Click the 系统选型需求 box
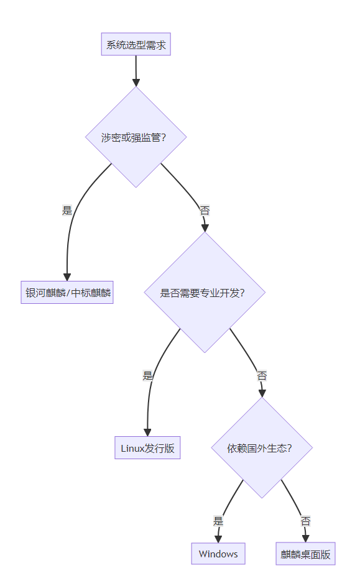pos(136,45)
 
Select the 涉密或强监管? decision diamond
pos(136,137)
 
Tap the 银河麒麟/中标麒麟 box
pos(67,293)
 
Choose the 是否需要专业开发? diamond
pos(205,293)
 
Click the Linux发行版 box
pos(147,448)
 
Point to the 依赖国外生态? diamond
pos(262,448)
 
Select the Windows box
pos(218,554)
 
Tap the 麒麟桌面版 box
pos(305,554)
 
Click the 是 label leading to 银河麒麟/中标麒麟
pos(67,210)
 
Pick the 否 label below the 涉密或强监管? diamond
pos(205,211)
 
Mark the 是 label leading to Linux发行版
pos(147,375)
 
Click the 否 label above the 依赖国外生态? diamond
pos(262,375)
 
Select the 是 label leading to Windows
pos(218,521)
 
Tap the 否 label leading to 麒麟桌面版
pos(305,521)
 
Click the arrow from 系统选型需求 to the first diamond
pos(136,71)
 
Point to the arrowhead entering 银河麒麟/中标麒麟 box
pos(67,277)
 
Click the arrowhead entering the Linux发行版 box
pos(147,432)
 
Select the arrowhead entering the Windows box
pos(218,539)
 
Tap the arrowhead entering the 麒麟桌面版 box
pos(305,539)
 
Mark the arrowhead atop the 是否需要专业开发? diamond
pos(205,228)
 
